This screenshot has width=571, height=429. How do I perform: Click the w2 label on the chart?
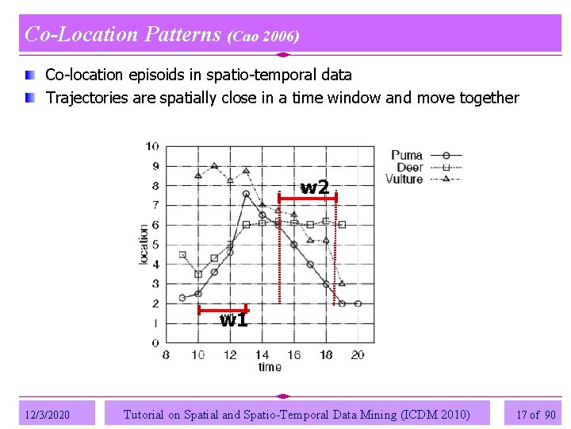pos(314,187)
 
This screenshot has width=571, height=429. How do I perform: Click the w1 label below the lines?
pos(233,320)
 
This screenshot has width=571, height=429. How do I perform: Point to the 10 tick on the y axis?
pos(151,146)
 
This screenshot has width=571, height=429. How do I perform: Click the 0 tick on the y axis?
pos(155,342)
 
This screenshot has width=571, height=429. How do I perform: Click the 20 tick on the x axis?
pos(358,355)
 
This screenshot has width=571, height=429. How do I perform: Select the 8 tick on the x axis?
pos(166,355)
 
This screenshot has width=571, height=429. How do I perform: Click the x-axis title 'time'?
pos(270,367)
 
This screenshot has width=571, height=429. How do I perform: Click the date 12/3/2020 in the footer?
pos(48,415)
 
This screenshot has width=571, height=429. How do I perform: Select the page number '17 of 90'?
pos(535,415)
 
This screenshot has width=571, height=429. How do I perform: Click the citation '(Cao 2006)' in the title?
pos(263,37)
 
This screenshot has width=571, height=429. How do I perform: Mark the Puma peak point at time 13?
pos(247,194)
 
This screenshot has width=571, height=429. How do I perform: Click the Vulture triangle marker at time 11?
pos(214,166)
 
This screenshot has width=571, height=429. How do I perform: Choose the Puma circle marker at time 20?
pos(358,303)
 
